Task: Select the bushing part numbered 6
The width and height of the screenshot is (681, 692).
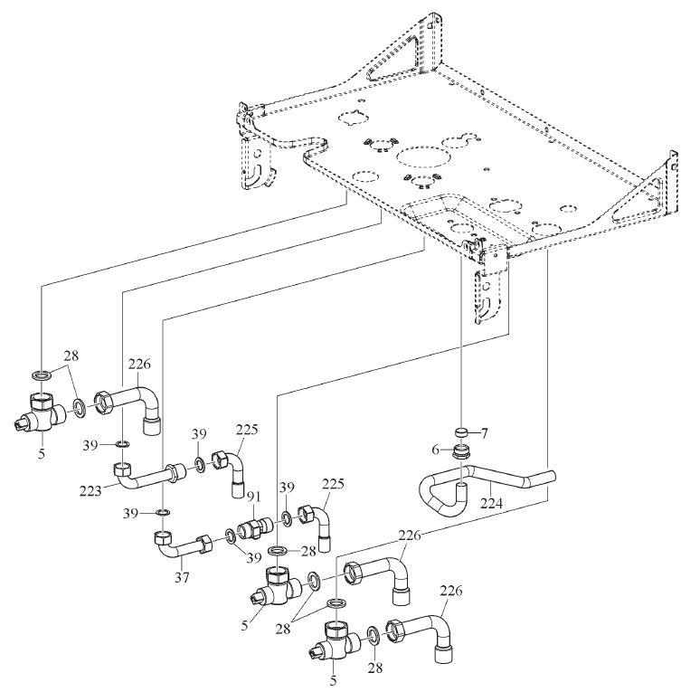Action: (462, 450)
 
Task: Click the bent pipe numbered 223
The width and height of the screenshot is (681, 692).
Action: (149, 473)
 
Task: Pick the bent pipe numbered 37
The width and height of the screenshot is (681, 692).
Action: (185, 545)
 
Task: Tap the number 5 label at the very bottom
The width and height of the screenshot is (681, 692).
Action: (332, 680)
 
